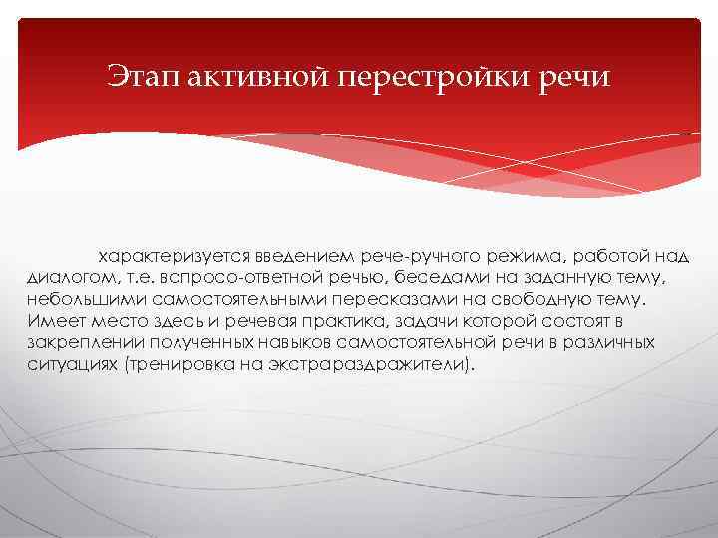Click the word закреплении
pyautogui.click(x=76, y=342)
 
